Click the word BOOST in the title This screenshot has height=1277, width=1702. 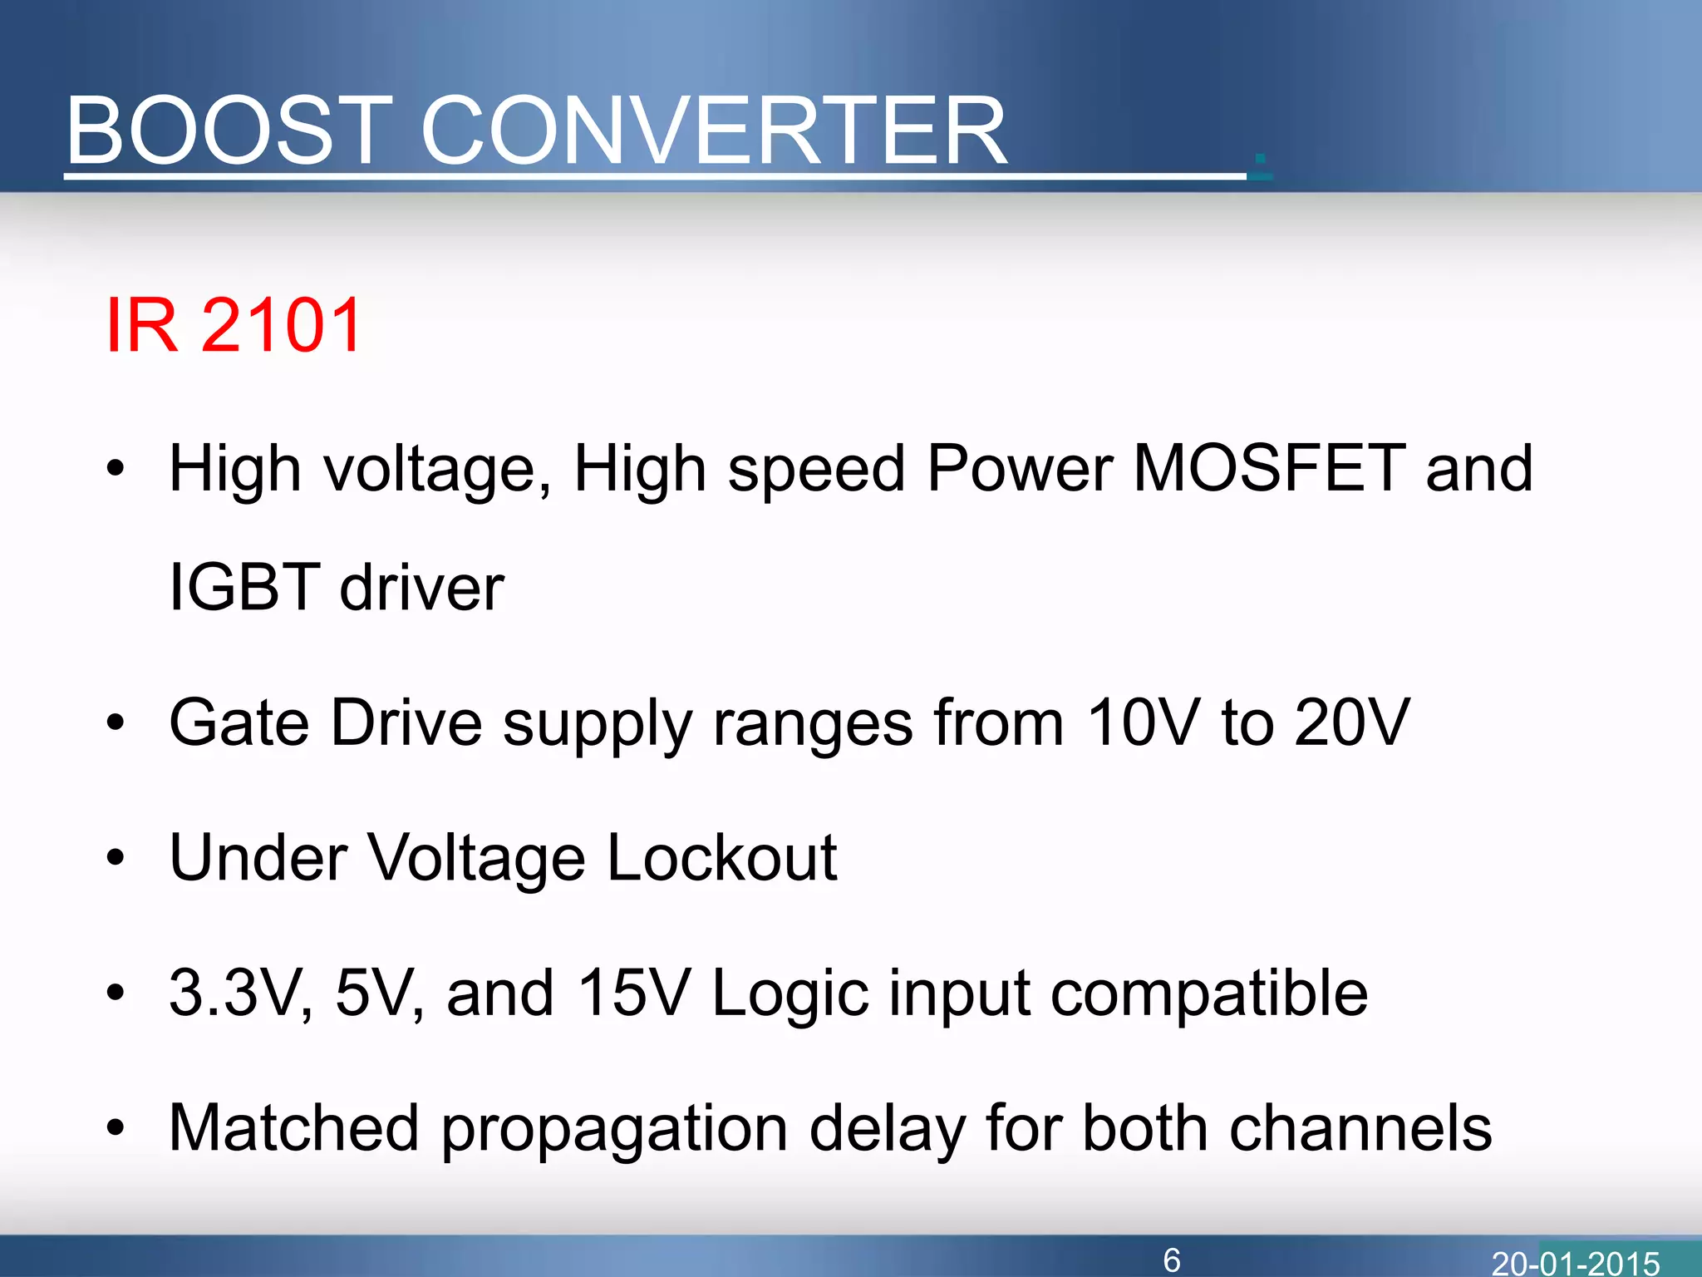[x=229, y=131]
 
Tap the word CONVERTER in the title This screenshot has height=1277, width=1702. [x=715, y=131]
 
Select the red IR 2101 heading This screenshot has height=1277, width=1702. [x=234, y=325]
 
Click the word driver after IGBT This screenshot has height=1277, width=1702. [x=422, y=587]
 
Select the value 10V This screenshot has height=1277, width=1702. [x=1143, y=722]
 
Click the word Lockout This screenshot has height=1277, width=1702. [x=721, y=857]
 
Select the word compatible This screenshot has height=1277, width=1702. [x=1209, y=994]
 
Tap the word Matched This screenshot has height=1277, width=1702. [x=293, y=1128]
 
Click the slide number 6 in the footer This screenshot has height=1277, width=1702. [x=1172, y=1260]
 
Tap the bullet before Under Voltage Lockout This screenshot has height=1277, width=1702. [x=116, y=857]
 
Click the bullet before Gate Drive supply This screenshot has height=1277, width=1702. [x=116, y=722]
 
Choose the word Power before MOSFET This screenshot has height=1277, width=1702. [x=1020, y=468]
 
